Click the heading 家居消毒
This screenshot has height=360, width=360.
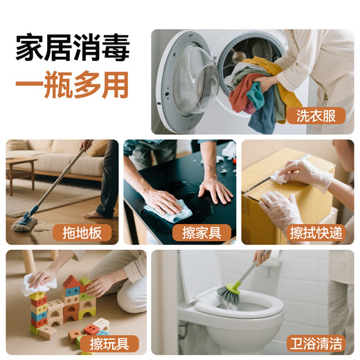[72, 50]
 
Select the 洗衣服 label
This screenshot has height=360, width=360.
[319, 116]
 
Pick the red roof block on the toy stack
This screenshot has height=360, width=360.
[71, 282]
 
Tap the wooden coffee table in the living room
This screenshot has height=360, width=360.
[21, 165]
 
